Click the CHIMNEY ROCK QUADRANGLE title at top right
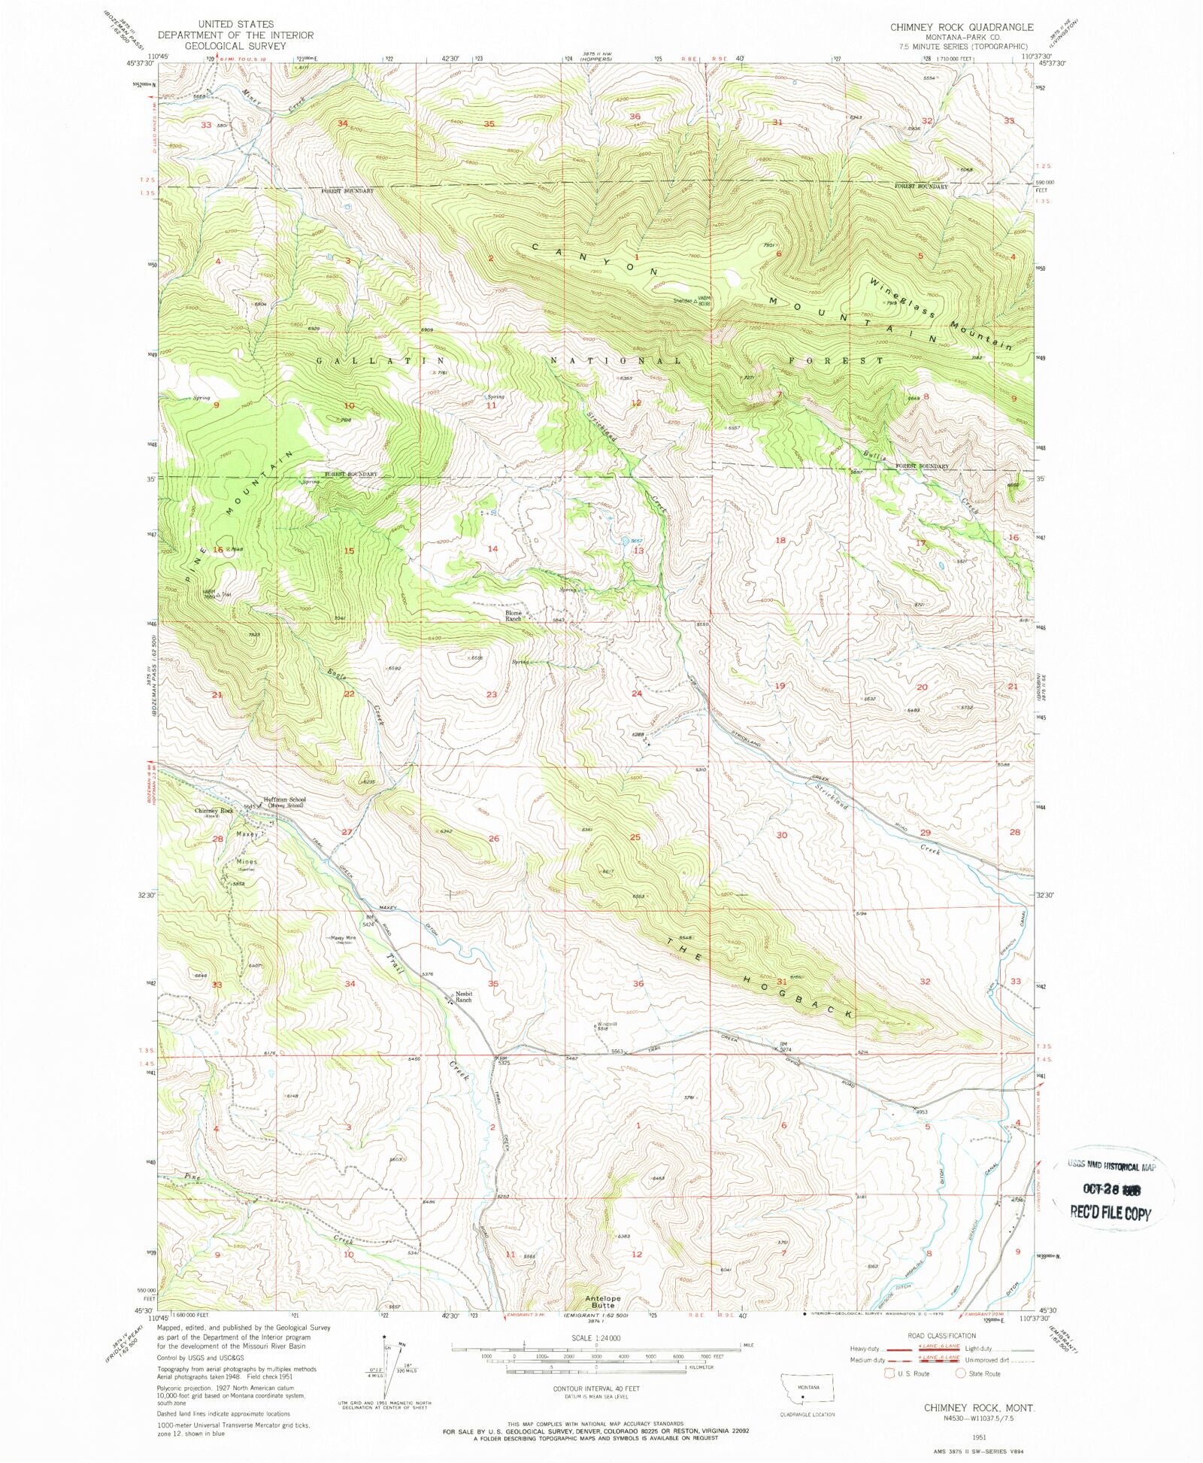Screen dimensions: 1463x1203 [962, 27]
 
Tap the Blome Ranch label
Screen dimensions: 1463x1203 [514, 615]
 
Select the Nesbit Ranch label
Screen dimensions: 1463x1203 [463, 997]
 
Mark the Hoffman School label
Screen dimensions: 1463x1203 [284, 800]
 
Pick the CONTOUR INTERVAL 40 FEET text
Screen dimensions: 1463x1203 [595, 1389]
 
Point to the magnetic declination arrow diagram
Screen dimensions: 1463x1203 [386, 1366]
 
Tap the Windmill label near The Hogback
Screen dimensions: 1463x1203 [608, 1024]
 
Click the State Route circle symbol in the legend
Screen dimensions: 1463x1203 [961, 1373]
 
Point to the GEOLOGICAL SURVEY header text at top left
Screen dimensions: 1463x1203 [236, 45]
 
